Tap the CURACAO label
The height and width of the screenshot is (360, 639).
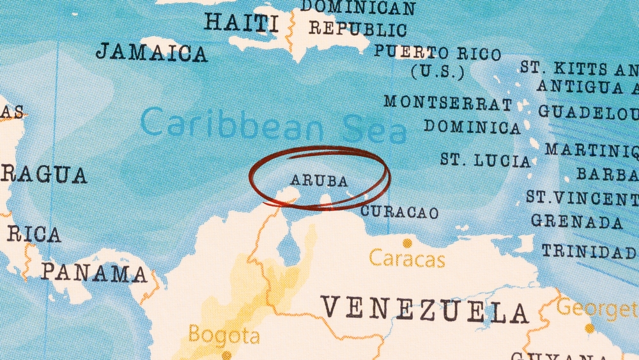(x=399, y=212)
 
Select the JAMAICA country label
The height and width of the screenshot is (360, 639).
(x=151, y=52)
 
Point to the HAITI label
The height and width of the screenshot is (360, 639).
(x=241, y=22)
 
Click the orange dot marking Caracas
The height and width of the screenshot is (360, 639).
(x=406, y=243)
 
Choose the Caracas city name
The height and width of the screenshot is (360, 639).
(x=407, y=259)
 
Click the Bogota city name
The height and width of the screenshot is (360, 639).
(x=224, y=335)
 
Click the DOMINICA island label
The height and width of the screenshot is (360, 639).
(x=472, y=127)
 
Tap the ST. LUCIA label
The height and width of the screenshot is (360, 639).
(x=486, y=160)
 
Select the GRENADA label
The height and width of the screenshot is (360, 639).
(x=576, y=221)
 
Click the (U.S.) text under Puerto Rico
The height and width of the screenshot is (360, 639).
(x=437, y=72)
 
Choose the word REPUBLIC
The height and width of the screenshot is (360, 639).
(x=358, y=29)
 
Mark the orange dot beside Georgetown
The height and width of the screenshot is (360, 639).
(x=589, y=328)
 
